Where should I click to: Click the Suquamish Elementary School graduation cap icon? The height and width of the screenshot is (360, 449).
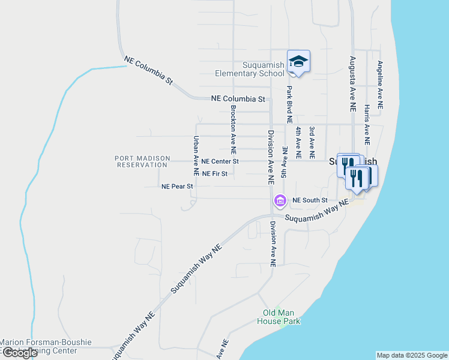(298, 61)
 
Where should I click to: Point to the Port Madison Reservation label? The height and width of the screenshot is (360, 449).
(141, 161)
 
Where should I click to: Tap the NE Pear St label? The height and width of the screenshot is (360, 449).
(177, 187)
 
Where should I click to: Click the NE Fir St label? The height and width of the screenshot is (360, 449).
(215, 174)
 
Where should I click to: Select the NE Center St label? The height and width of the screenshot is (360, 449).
(220, 161)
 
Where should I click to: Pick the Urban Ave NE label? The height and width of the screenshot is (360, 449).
(196, 155)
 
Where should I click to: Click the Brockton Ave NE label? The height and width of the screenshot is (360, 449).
(234, 128)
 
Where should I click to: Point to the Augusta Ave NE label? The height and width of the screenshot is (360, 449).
(352, 83)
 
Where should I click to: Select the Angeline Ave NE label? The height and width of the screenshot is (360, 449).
(379, 85)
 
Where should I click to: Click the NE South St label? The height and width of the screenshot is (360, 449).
(310, 200)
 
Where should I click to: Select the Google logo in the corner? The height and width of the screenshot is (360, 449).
(20, 353)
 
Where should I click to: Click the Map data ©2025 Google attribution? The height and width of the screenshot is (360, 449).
(412, 355)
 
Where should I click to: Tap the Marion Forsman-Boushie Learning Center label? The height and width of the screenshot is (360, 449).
(46, 346)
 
